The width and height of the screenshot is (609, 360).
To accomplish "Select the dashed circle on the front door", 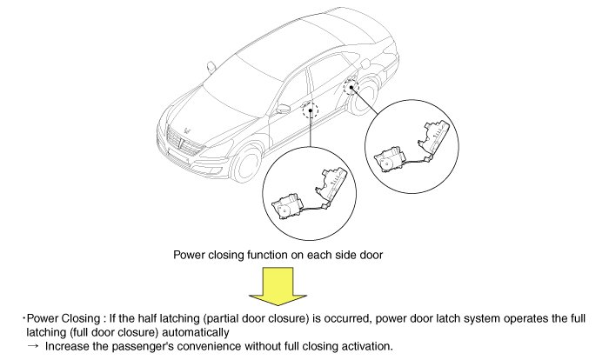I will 311,110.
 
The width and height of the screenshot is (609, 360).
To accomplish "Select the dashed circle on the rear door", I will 353,86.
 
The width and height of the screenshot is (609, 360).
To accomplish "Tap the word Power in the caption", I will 191,256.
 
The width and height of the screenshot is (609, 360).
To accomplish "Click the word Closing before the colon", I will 79,318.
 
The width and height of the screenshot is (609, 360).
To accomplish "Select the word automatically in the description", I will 196,332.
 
